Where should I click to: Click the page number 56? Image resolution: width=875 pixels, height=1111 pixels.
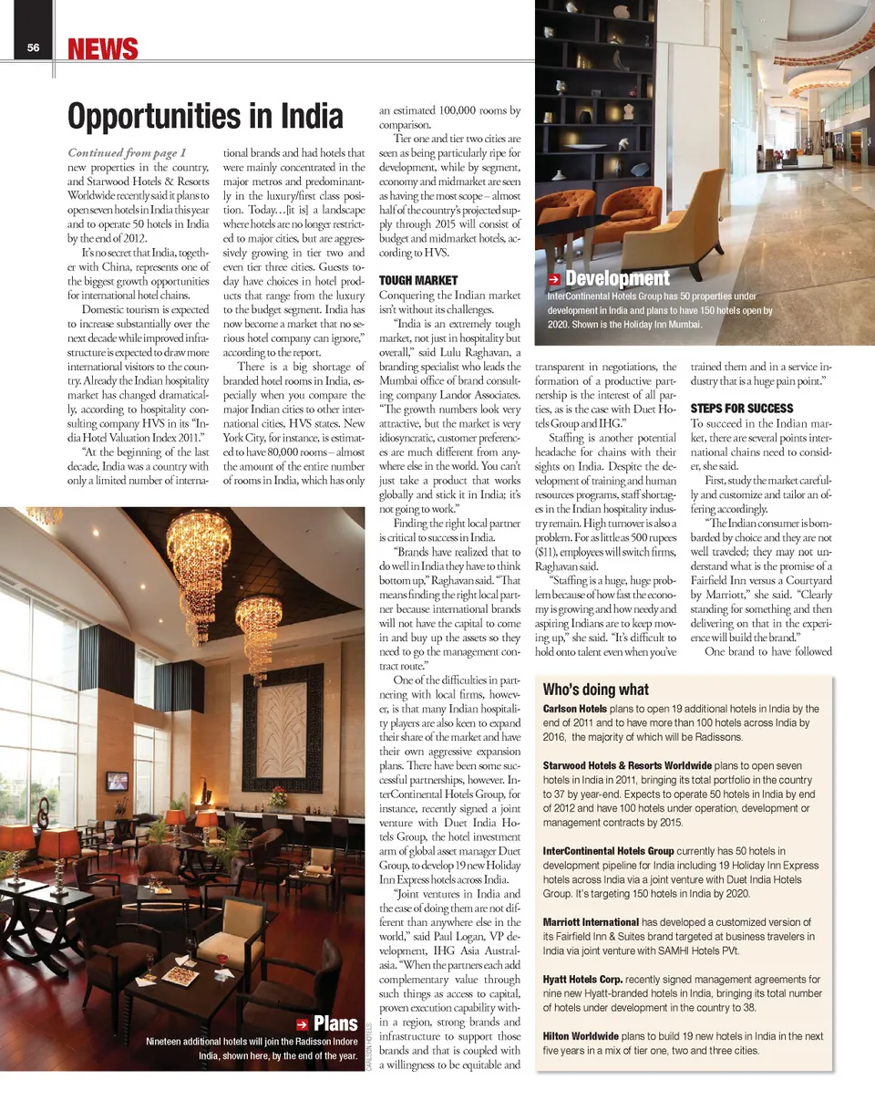[32, 49]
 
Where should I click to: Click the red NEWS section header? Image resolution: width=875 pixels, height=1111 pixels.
[103, 49]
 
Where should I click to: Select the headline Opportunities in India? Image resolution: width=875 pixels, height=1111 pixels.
[205, 117]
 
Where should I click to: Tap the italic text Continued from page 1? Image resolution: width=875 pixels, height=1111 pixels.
[128, 152]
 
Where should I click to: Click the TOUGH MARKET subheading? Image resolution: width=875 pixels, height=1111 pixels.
[418, 280]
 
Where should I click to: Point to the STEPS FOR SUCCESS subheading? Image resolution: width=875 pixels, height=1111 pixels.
[742, 408]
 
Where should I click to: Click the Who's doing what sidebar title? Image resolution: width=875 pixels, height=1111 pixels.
[596, 690]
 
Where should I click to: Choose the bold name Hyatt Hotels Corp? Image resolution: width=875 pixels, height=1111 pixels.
[583, 979]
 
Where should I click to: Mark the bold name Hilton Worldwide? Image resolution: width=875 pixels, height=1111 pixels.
[581, 1036]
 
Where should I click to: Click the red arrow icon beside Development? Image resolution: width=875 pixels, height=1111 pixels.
[554, 279]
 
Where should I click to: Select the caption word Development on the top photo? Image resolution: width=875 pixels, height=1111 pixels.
[617, 278]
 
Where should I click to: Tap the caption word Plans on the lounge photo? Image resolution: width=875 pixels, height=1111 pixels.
[335, 1024]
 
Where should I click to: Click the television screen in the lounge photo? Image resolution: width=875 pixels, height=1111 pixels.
[117, 781]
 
